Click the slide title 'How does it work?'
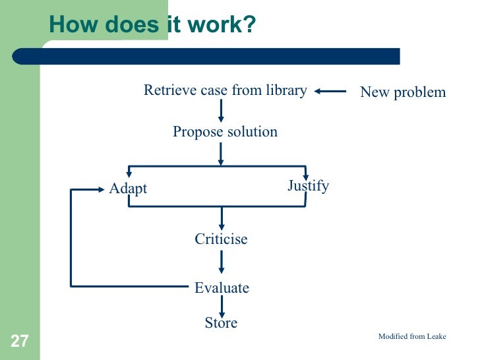(152, 24)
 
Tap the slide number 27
(19, 341)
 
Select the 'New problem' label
(403, 92)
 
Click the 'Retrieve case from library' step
(225, 90)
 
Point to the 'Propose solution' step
(225, 132)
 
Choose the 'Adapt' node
(128, 189)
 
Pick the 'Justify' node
(308, 186)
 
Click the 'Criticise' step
(221, 239)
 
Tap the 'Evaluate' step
(222, 287)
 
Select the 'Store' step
(221, 323)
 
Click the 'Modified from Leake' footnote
(412, 336)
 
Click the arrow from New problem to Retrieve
(330, 92)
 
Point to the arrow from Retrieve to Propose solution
(222, 110)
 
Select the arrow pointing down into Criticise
(222, 218)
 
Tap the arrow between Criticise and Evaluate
(222, 262)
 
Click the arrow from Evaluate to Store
(222, 305)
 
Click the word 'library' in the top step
(285, 90)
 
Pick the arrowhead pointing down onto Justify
(306, 176)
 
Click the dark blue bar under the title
(218, 56)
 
